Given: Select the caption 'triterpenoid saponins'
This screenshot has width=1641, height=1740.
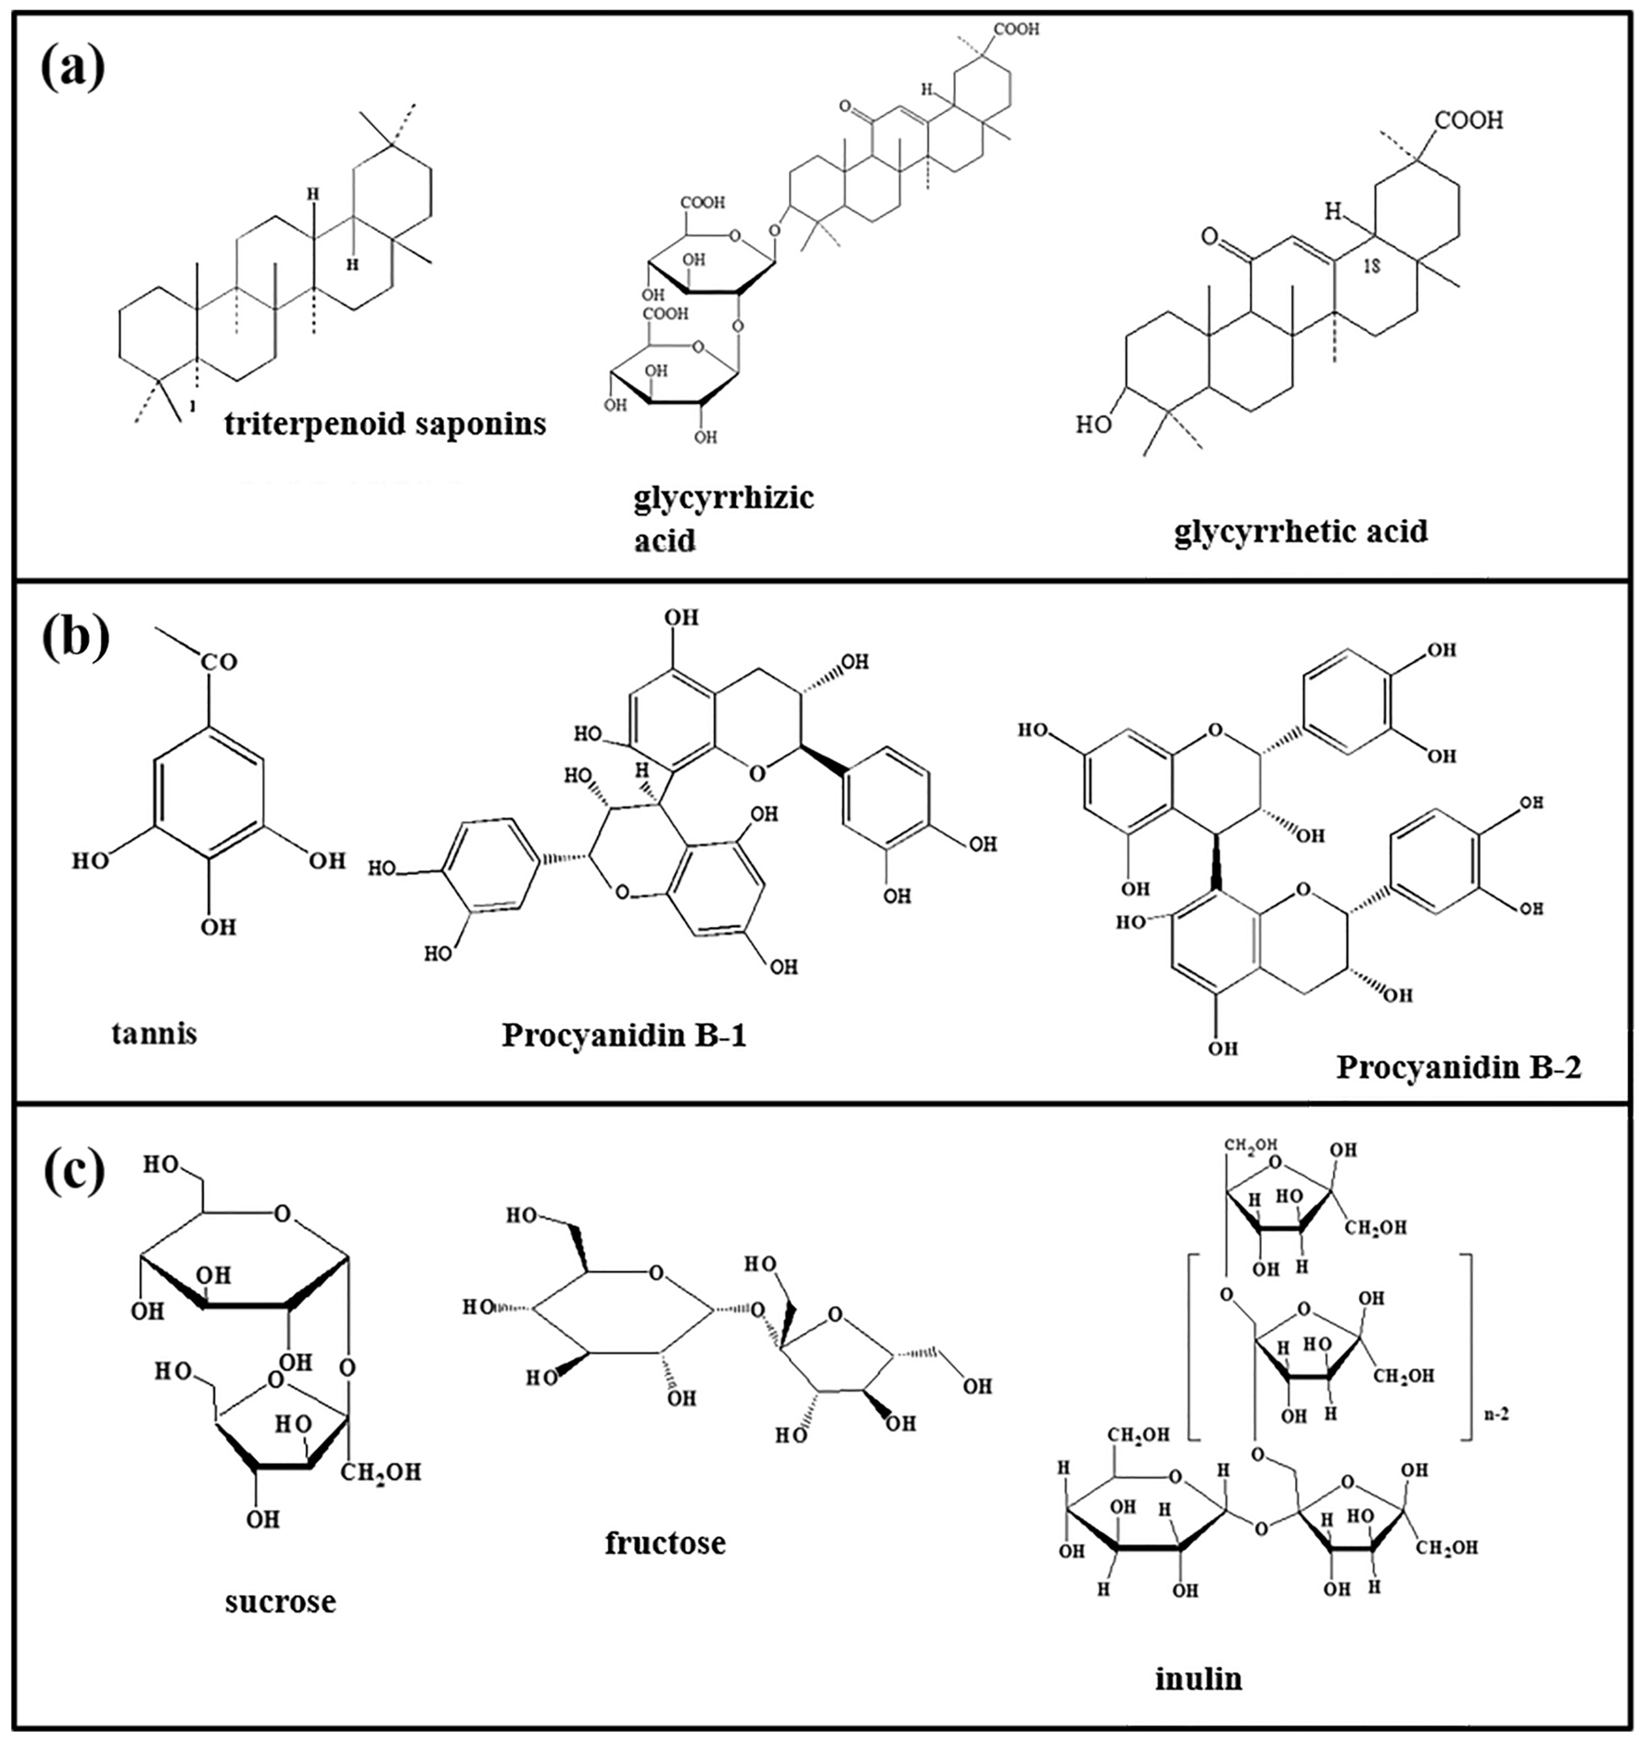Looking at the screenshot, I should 385,424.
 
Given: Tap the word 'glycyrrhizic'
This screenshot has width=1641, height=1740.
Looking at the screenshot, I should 723,498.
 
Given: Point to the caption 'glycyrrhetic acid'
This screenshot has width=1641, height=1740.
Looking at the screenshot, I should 1300,531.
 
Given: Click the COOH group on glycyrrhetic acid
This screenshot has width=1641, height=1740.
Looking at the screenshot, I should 1469,121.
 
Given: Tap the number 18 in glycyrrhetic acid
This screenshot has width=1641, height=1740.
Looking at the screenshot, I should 1373,266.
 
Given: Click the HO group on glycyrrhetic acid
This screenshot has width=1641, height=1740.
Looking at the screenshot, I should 1093,425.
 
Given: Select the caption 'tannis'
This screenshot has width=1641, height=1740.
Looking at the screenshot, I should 154,1033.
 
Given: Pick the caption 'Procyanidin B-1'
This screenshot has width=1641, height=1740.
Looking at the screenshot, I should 624,1035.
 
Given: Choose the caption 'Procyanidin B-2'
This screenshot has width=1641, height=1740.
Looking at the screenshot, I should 1458,1067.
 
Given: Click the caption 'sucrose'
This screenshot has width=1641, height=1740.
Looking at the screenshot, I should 280,1602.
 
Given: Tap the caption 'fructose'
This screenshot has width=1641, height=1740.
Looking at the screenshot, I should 665,1543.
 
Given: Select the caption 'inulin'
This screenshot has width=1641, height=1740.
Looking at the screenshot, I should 1198,1679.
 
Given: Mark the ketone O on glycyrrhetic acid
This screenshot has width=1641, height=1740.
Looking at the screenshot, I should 1209,237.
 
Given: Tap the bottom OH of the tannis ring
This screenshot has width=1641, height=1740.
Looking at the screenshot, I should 219,926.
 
